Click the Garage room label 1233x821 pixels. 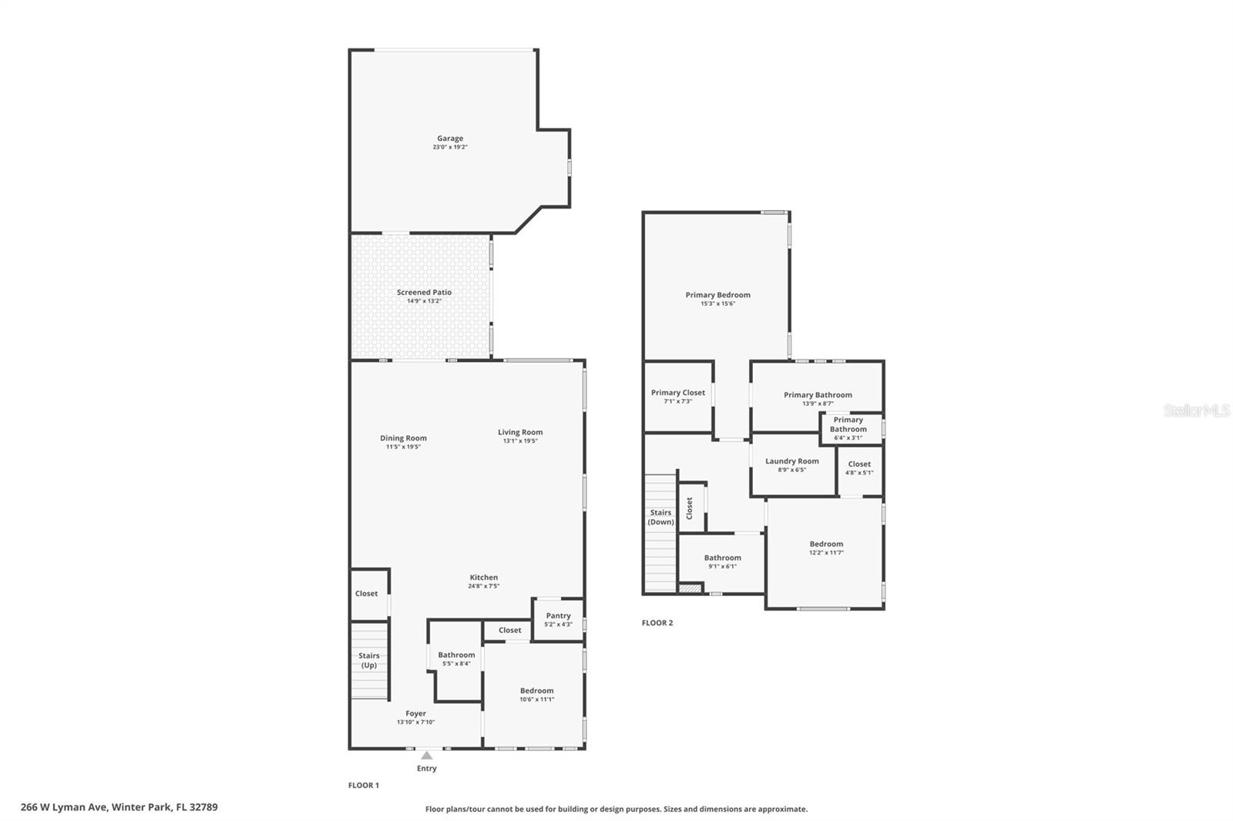click(x=450, y=139)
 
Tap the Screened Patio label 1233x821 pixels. click(x=424, y=293)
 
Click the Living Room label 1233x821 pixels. click(x=520, y=432)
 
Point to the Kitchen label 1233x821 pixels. click(x=484, y=578)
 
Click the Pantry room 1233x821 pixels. click(x=558, y=619)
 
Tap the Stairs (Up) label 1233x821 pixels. click(x=369, y=660)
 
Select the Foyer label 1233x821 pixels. click(x=416, y=713)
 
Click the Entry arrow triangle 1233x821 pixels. click(x=427, y=756)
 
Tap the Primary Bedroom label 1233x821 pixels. click(x=717, y=295)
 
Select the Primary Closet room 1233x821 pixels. click(x=677, y=397)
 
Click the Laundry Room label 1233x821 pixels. click(x=792, y=461)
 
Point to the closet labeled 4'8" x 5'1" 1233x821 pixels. click(x=859, y=467)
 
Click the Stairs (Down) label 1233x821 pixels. click(x=660, y=517)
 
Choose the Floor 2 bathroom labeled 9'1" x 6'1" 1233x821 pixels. click(x=722, y=561)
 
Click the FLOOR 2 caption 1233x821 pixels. click(x=657, y=623)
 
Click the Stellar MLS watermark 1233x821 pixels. click(x=1196, y=410)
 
